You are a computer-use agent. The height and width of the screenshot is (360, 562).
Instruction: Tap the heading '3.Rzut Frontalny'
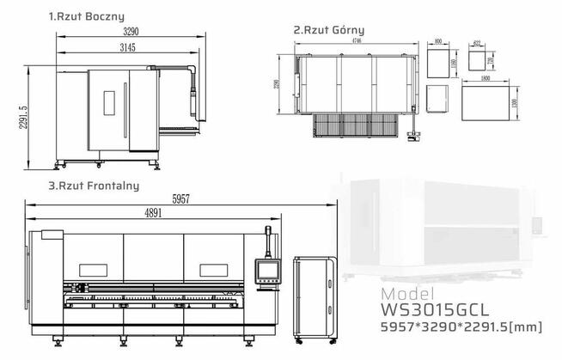coord(94,185)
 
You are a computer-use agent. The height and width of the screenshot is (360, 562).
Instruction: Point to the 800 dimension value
coord(439,40)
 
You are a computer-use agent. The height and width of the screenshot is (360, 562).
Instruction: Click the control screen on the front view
coord(269,271)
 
